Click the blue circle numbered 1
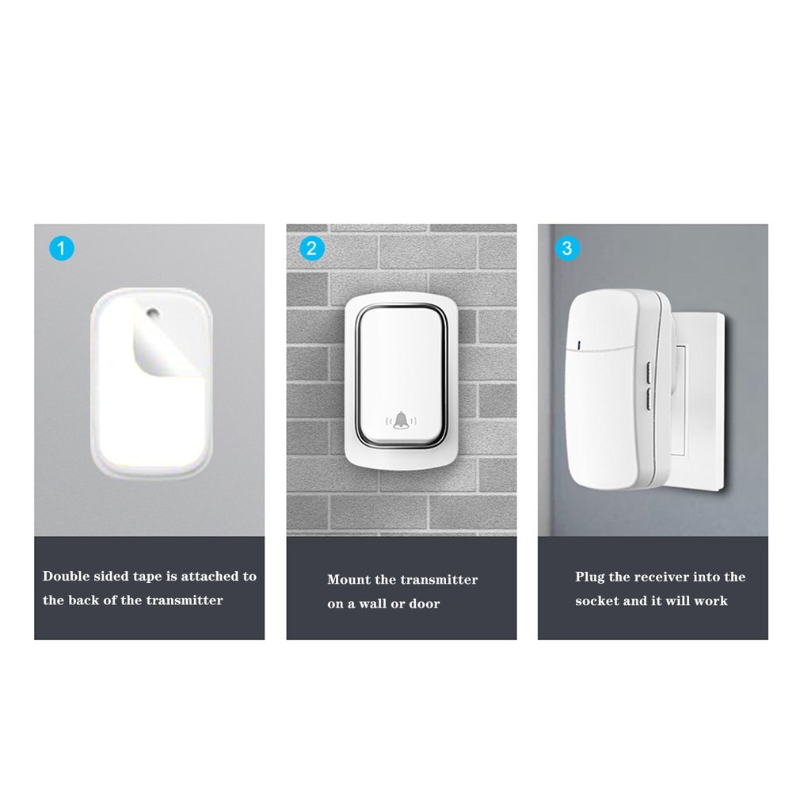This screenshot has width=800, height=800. point(61,249)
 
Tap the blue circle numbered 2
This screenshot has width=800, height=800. point(312,249)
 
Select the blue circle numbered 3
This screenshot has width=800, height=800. point(565,249)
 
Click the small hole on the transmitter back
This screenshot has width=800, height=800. point(152,314)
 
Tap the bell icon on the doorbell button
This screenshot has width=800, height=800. point(402,420)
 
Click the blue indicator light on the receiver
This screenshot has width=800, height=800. point(581,345)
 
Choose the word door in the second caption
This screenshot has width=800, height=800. point(424,604)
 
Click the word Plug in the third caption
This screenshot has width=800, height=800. point(590,577)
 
